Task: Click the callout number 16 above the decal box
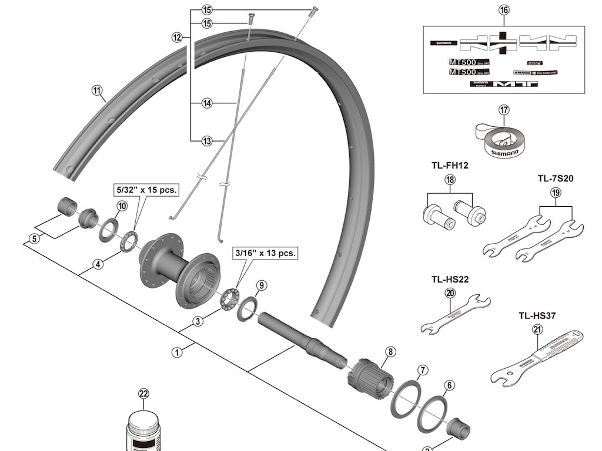point(504,10)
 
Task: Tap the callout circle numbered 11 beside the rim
point(97,90)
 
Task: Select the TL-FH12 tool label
point(449,165)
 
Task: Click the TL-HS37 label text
point(537,315)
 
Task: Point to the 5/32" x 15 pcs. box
point(146,190)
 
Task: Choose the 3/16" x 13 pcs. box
point(265,253)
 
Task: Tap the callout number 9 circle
point(262,286)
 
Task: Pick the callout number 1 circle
point(176,352)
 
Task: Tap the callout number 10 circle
point(122,206)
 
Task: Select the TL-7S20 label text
point(555,178)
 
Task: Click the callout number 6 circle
point(449,385)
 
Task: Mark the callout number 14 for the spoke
point(206,103)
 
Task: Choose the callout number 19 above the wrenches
point(556,193)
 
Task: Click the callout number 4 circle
point(99,264)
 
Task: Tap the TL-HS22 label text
point(450,280)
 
